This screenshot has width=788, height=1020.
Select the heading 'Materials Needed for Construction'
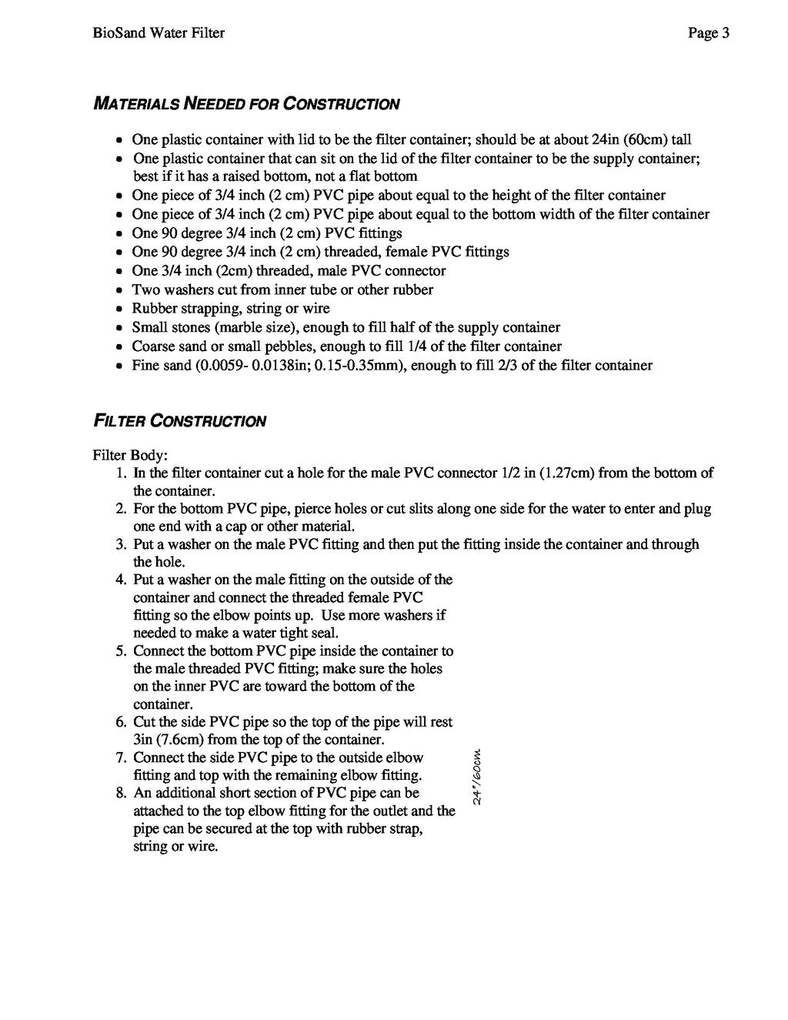coord(246,104)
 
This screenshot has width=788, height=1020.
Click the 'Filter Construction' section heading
coord(179,421)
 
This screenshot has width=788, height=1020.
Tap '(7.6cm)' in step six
coord(179,740)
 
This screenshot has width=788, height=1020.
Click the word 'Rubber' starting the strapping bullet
coord(153,309)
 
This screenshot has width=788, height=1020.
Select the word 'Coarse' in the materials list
coord(153,347)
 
